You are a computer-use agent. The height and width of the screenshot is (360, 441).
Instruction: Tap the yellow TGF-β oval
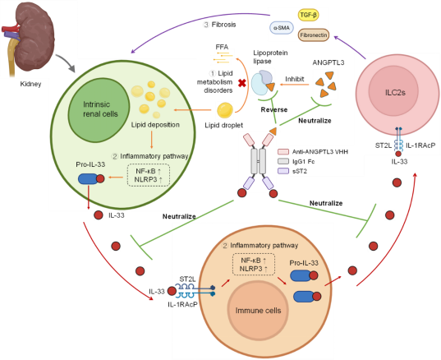pyautogui.click(x=309, y=15)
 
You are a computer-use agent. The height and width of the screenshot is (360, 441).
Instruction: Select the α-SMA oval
pyautogui.click(x=281, y=28)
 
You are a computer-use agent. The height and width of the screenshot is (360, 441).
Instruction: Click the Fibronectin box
pyautogui.click(x=314, y=35)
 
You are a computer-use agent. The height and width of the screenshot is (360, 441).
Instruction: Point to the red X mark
pyautogui.click(x=242, y=83)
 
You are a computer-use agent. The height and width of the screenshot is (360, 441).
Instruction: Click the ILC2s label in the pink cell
pyautogui.click(x=395, y=92)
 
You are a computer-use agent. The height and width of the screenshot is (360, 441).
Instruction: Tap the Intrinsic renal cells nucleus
pyautogui.click(x=99, y=110)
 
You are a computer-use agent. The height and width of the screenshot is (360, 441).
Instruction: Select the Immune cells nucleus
pyautogui.click(x=258, y=310)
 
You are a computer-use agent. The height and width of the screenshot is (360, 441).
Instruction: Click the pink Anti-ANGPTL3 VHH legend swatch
pyautogui.click(x=283, y=152)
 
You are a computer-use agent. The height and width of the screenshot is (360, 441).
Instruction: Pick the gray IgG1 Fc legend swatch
pyautogui.click(x=283, y=161)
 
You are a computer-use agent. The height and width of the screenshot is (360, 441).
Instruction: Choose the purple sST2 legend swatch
pyautogui.click(x=283, y=171)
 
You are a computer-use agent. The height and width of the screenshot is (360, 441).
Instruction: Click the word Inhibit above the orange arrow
pyautogui.click(x=295, y=79)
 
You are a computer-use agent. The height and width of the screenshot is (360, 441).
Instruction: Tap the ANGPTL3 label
pyautogui.click(x=328, y=62)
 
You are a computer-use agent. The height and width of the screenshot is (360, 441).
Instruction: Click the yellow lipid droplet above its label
pyautogui.click(x=225, y=110)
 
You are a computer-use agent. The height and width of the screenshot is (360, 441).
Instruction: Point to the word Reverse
pyautogui.click(x=274, y=110)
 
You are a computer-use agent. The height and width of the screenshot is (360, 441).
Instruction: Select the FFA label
pyautogui.click(x=222, y=47)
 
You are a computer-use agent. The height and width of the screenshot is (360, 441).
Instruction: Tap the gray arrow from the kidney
pyautogui.click(x=66, y=62)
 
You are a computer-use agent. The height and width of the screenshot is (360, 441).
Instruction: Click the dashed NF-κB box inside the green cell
pyautogui.click(x=149, y=175)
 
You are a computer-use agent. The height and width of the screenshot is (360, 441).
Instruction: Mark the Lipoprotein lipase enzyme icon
pyautogui.click(x=263, y=82)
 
